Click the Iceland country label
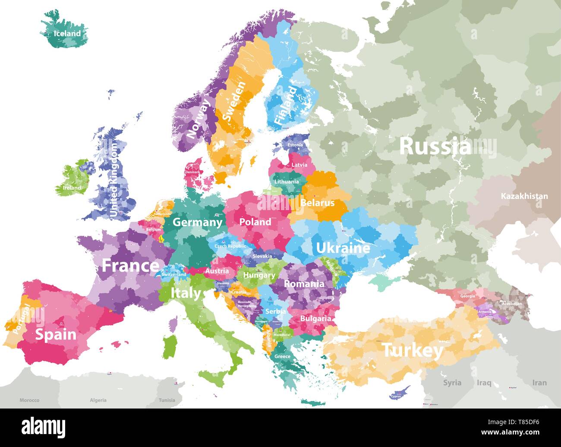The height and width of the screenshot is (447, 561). click(67, 33)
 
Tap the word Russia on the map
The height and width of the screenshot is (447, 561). click(435, 147)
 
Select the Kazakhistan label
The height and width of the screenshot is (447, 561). click(524, 196)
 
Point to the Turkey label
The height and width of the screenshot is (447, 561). click(413, 350)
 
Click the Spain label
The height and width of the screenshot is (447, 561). click(56, 334)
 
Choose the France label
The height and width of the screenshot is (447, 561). click(130, 265)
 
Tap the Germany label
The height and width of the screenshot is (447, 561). click(197, 222)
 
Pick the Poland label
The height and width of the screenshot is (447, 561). click(255, 222)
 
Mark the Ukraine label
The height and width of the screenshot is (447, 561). click(343, 248)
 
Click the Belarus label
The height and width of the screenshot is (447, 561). click(317, 203)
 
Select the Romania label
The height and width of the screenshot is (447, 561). click(304, 284)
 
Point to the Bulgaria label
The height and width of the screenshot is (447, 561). click(316, 319)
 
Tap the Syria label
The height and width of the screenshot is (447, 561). click(452, 383)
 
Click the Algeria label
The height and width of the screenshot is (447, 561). click(98, 400)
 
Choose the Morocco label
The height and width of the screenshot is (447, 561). click(29, 400)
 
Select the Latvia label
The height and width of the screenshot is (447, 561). click(299, 165)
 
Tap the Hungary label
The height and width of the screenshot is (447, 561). click(259, 275)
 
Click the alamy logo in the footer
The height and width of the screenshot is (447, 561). click(44, 427)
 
